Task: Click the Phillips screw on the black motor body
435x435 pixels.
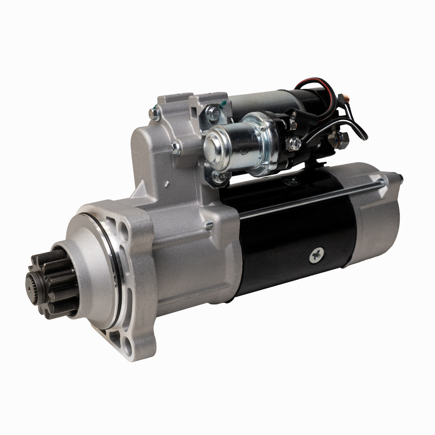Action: tap(316, 255)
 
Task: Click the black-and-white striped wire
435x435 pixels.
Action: tap(357, 126)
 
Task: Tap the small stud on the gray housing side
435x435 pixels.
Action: tap(208, 225)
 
